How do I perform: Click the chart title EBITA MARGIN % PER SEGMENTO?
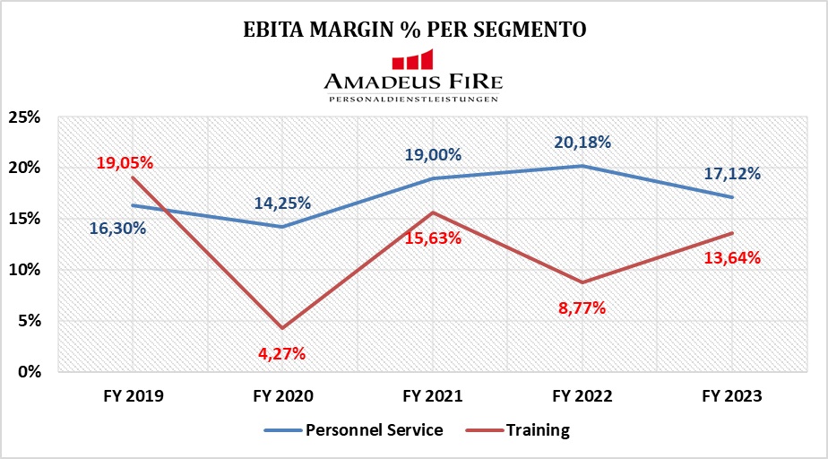point(415,29)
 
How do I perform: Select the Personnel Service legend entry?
point(354,429)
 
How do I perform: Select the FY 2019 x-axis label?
point(132,394)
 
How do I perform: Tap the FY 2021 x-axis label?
point(433,394)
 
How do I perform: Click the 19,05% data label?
point(125,162)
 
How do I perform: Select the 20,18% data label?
point(582,142)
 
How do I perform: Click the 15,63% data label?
point(432,238)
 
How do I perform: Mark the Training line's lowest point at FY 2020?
point(282,328)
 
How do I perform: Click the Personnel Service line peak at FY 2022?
point(582,166)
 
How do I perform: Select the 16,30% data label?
point(117,228)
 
